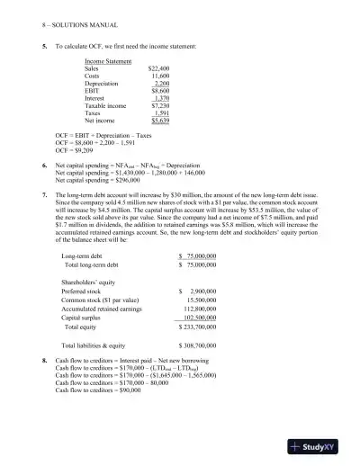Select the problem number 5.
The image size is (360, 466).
pos(44,44)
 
